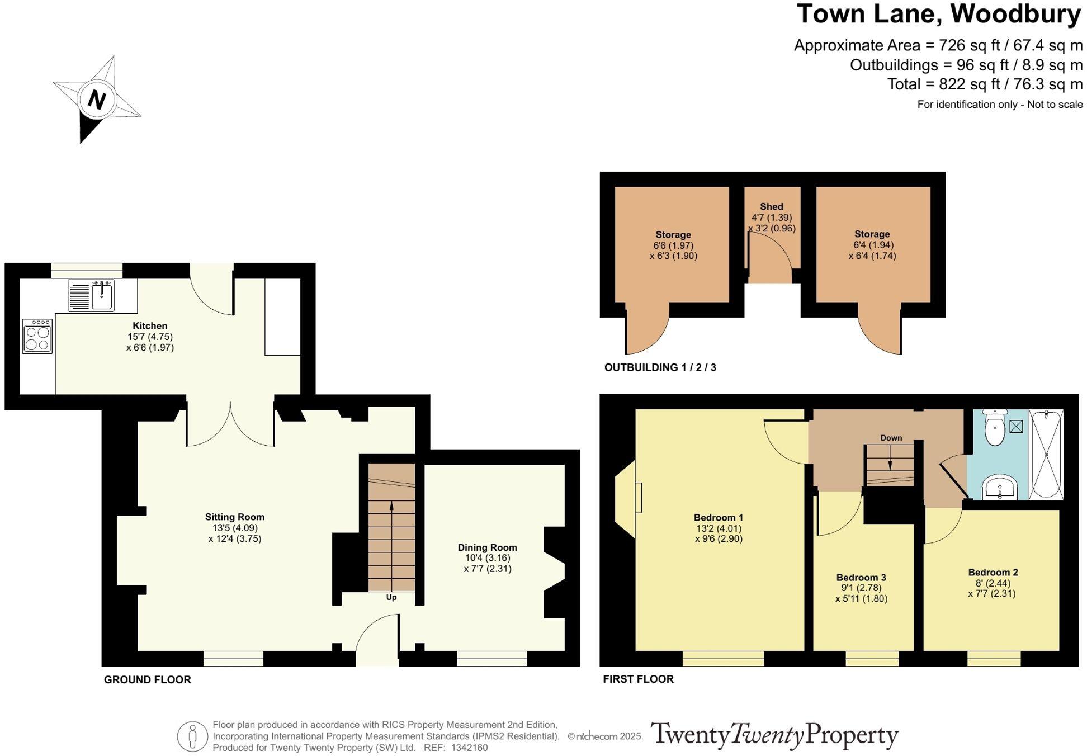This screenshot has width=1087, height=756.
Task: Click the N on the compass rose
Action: pos(97,100)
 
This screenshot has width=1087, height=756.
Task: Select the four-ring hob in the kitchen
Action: pos(37,336)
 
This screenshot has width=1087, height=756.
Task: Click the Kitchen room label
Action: pos(150,326)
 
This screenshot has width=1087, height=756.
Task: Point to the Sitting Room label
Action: pos(234,517)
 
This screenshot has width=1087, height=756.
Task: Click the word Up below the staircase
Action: pos(391,597)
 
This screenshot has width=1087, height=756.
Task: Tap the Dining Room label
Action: pos(487,547)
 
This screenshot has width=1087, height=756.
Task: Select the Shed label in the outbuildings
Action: pos(771,207)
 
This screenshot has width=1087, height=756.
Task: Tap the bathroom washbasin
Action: pos(1000,488)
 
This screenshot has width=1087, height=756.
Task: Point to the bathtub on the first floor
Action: pos(1046,455)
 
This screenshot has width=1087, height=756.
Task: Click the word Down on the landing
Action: pos(891,438)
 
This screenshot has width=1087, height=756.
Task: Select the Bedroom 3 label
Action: pos(861,577)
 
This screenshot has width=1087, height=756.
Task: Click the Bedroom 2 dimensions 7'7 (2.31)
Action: pos(991,593)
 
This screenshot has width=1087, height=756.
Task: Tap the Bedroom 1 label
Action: pos(719,517)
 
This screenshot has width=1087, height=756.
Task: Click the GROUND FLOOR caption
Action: pos(148,679)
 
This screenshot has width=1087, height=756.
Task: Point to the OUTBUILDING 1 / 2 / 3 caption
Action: pos(660,367)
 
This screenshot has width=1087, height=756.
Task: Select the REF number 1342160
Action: pos(470,748)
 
